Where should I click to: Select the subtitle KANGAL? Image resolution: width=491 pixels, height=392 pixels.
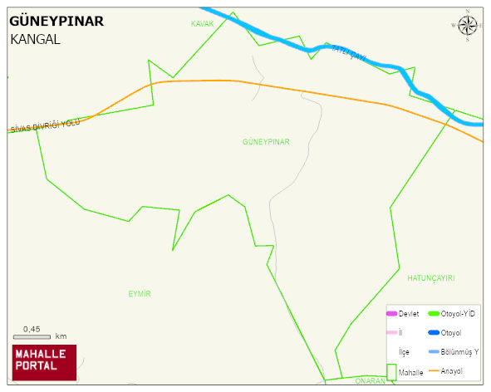(x=35, y=39)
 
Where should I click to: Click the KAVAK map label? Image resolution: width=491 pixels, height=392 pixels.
(x=203, y=24)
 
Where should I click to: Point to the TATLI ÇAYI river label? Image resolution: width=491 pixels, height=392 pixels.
(x=349, y=51)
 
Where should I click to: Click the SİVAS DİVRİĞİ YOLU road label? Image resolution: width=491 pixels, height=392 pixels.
(x=45, y=125)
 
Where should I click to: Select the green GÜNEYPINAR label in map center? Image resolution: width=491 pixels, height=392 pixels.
(x=266, y=142)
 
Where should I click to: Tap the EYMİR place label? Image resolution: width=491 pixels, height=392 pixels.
(x=140, y=294)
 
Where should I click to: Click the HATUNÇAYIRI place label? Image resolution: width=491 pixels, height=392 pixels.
(x=431, y=277)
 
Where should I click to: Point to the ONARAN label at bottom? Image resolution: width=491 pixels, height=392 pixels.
(x=370, y=380)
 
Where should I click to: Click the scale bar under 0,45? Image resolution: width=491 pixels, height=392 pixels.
(x=32, y=337)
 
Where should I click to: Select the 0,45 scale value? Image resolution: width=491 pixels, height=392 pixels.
(x=32, y=329)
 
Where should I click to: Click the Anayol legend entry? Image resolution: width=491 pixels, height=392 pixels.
(x=452, y=370)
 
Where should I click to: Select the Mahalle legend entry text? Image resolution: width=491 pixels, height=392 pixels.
(x=411, y=373)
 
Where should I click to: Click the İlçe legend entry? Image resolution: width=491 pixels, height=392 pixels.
(x=405, y=351)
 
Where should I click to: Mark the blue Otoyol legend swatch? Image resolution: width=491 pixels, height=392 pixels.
(x=433, y=332)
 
